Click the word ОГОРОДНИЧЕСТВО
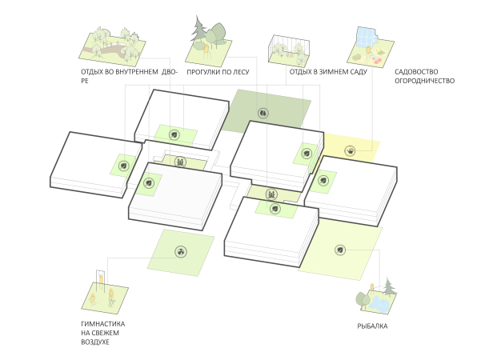tap(424, 82)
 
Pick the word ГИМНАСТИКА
tap(104, 324)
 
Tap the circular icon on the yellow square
tap(351, 150)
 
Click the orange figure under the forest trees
tap(209, 52)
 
